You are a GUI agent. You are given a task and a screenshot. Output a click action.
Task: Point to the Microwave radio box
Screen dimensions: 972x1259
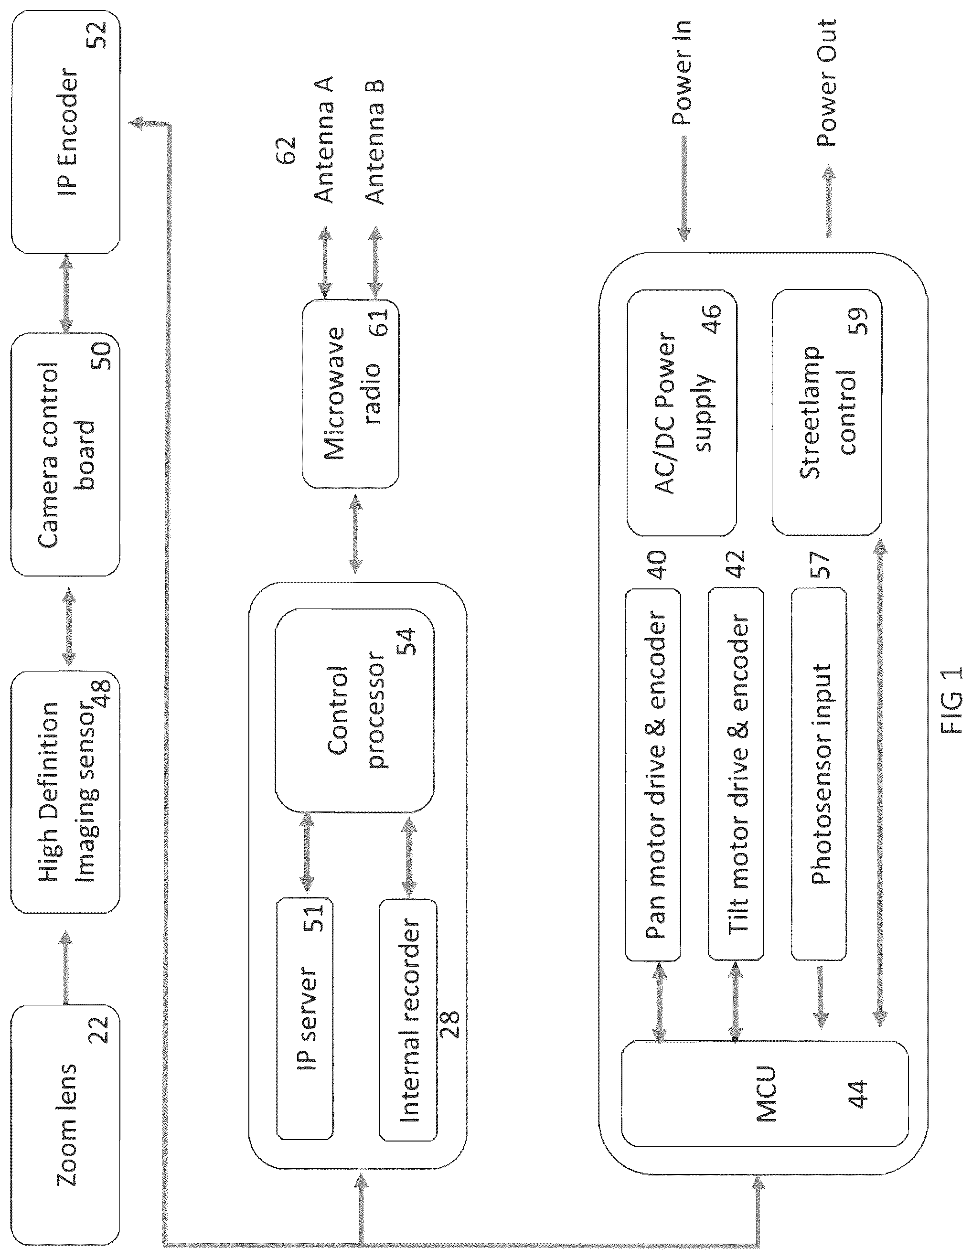click(x=351, y=393)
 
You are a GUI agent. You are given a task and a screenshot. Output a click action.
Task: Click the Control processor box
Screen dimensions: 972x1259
click(x=354, y=711)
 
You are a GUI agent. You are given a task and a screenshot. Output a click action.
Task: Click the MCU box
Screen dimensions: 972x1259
click(x=764, y=1109)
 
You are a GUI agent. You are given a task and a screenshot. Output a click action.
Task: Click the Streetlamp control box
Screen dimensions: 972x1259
click(x=827, y=412)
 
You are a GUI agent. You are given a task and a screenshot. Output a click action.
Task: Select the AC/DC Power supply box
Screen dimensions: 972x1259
click(x=682, y=412)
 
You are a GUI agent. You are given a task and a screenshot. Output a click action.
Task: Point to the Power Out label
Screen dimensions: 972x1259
click(x=826, y=83)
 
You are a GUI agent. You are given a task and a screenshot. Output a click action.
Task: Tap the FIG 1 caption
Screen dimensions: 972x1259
click(x=951, y=700)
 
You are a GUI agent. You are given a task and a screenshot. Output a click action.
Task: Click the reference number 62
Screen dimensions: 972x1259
click(x=287, y=150)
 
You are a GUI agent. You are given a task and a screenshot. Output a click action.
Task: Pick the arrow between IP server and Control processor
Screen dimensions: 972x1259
click(x=307, y=853)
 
